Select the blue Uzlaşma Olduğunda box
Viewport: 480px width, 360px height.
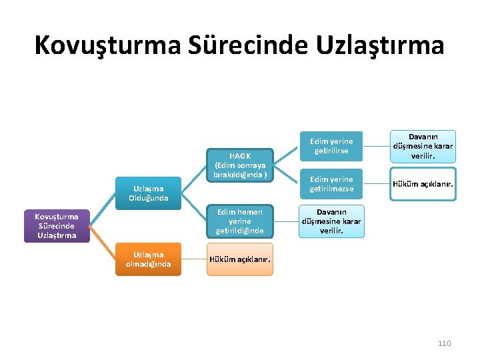coord(147,193)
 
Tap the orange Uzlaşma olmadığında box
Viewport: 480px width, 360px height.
coord(147,259)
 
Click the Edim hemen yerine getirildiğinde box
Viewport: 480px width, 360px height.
coord(239,221)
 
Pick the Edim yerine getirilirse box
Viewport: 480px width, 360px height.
coord(331,146)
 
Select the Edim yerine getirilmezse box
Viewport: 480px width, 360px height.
coord(331,184)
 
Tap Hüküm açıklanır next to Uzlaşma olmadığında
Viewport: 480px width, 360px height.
coord(239,259)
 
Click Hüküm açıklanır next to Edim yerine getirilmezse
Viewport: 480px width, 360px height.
coord(423,184)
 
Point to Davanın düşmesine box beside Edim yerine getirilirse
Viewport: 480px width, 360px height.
coord(423,146)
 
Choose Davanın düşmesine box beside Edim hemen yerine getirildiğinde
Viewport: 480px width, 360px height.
coord(331,221)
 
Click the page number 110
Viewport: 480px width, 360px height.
coord(444,343)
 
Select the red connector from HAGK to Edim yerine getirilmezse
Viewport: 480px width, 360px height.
coord(288,175)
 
